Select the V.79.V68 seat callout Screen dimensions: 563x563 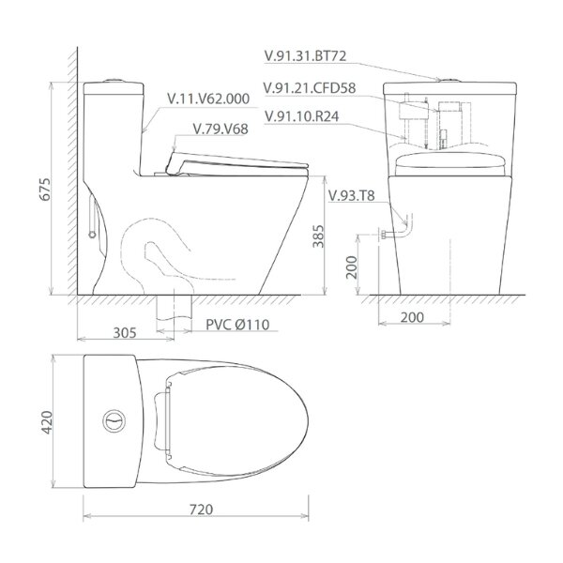[x=218, y=129]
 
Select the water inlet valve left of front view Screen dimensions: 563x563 [x=386, y=230]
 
